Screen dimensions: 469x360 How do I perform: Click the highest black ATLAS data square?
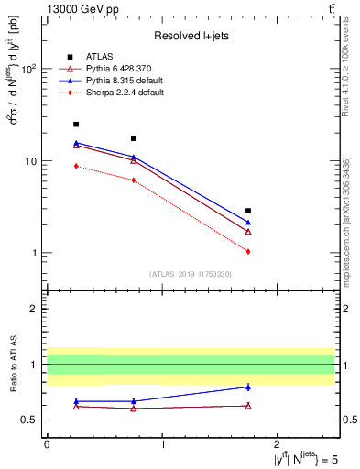point(76,124)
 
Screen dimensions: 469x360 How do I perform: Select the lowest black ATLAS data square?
point(248,211)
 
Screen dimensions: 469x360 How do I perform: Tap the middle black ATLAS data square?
point(134,138)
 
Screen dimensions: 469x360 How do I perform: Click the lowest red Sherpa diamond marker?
point(248,251)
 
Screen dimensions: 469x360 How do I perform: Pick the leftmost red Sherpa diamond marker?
point(76,166)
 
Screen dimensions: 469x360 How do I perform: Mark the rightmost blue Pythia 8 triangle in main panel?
point(248,223)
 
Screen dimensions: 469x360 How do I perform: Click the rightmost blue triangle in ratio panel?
point(248,387)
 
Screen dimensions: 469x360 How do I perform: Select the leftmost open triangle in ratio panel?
point(76,406)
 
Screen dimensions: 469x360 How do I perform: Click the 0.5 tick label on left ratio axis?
point(30,420)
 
